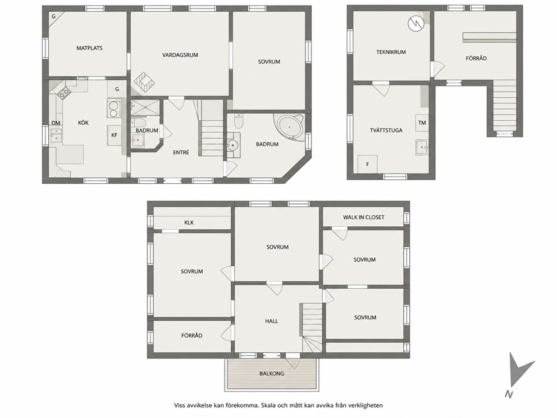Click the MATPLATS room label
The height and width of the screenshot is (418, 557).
pyautogui.click(x=89, y=48)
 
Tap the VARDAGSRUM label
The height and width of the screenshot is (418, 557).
pyautogui.click(x=180, y=55)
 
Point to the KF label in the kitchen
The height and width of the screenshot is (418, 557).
pyautogui.click(x=115, y=135)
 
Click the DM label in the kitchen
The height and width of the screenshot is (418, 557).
pyautogui.click(x=56, y=123)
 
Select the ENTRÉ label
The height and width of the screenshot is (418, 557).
pyautogui.click(x=181, y=152)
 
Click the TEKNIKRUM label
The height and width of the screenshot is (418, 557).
pyautogui.click(x=391, y=52)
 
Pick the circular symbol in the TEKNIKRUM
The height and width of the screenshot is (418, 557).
pyautogui.click(x=416, y=24)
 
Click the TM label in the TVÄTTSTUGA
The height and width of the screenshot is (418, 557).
pyautogui.click(x=422, y=122)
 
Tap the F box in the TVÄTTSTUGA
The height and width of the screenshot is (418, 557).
pyautogui.click(x=367, y=164)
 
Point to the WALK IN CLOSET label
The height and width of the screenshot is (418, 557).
pyautogui.click(x=364, y=217)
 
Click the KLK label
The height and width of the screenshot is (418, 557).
pyautogui.click(x=189, y=222)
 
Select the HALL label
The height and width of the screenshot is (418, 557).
pyautogui.click(x=272, y=321)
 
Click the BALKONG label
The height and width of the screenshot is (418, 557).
pyautogui.click(x=272, y=374)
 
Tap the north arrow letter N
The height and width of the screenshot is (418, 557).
pyautogui.click(x=509, y=394)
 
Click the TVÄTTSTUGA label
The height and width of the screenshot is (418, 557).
pyautogui.click(x=386, y=130)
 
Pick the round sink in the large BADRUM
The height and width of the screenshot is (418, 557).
pyautogui.click(x=233, y=145)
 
